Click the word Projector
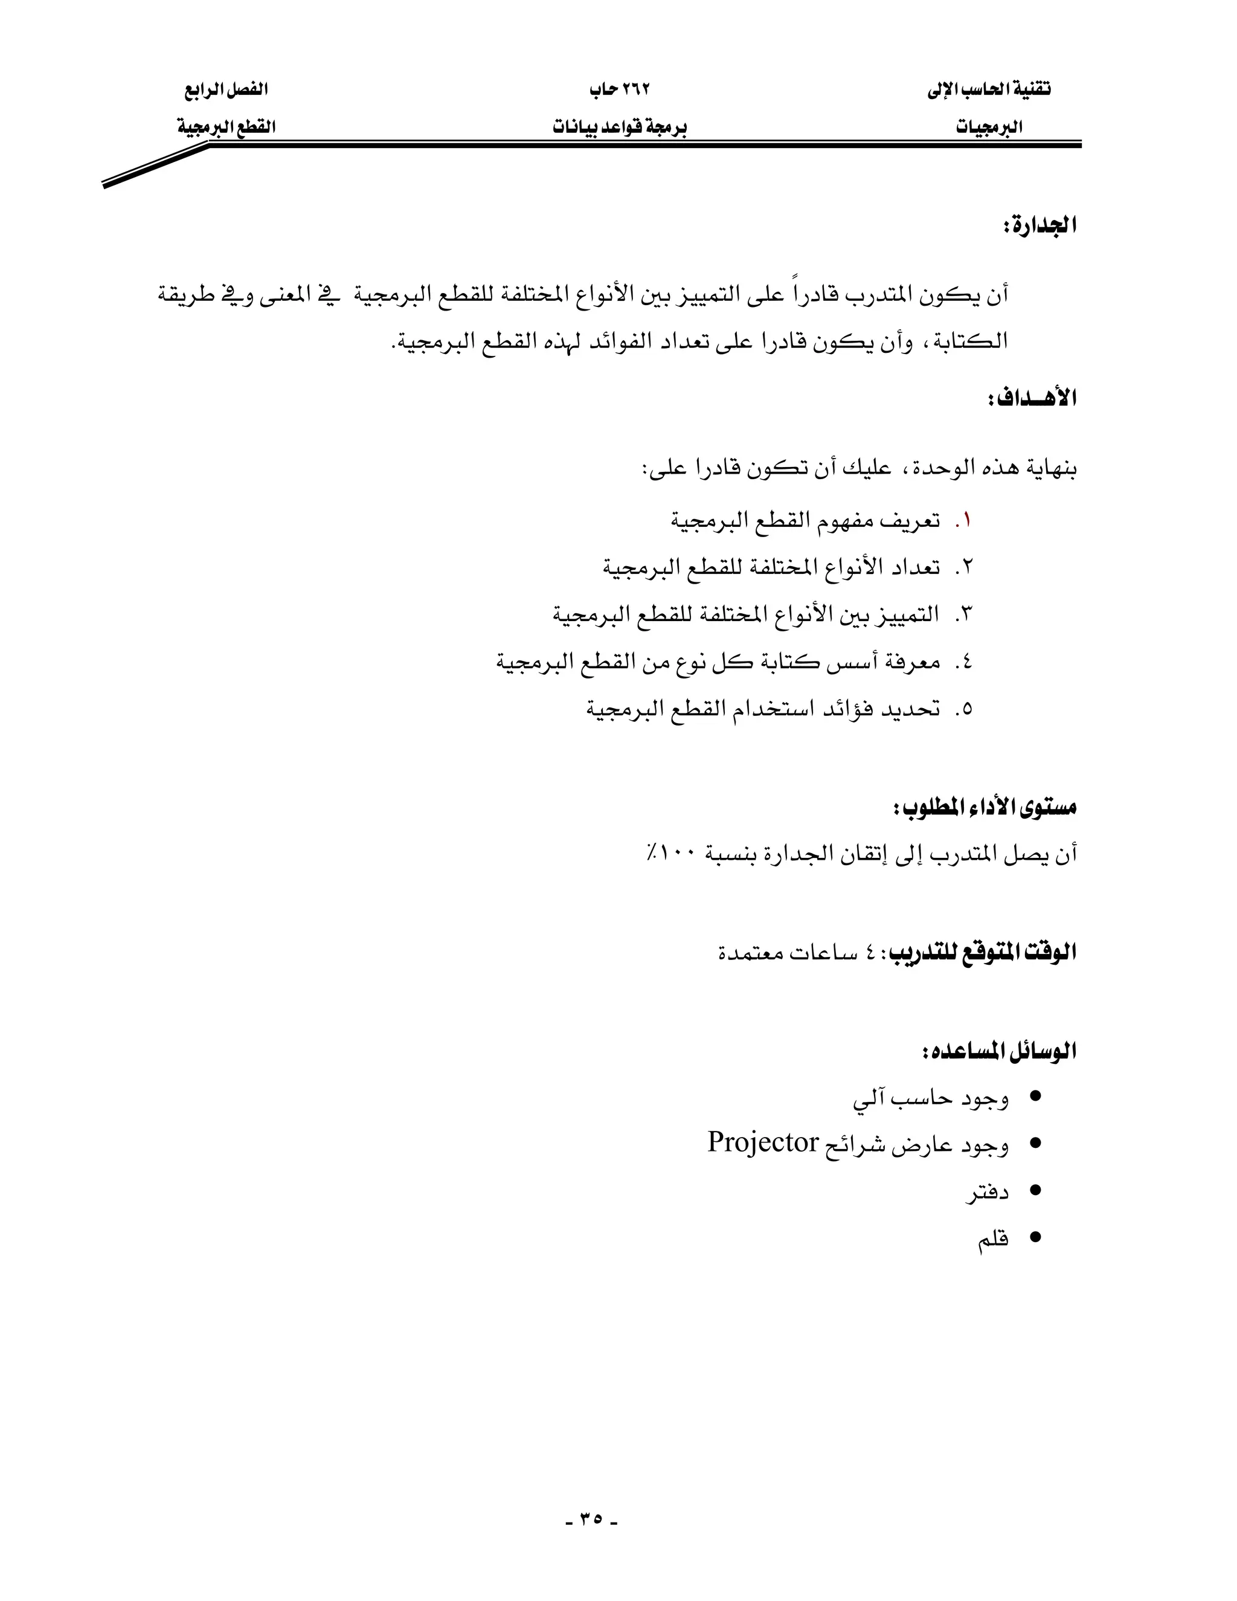pyautogui.click(x=762, y=1143)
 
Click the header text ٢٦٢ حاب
pyautogui.click(x=620, y=89)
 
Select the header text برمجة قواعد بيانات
pyautogui.click(x=620, y=127)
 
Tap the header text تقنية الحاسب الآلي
pyautogui.click(x=989, y=89)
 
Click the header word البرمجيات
pyautogui.click(x=989, y=127)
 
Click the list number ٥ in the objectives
pyautogui.click(x=965, y=709)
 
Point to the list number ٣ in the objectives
pyautogui.click(x=965, y=615)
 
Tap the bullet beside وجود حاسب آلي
pyautogui.click(x=1035, y=1097)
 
